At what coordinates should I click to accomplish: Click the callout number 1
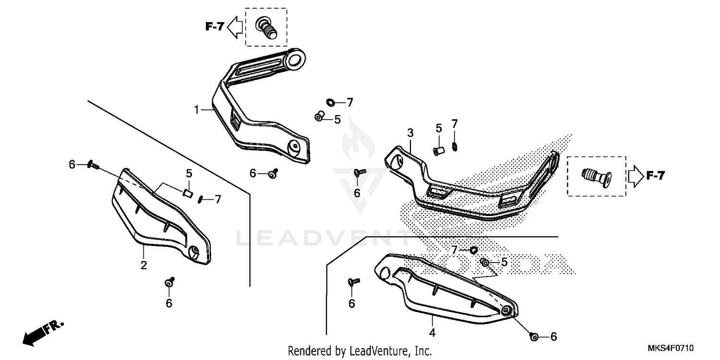tap(196, 110)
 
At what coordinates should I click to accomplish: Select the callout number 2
tap(144, 265)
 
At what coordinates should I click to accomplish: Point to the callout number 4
tap(432, 332)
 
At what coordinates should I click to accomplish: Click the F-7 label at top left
tap(215, 27)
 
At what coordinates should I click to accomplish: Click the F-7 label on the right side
tap(655, 176)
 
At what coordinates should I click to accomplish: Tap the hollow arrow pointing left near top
tap(235, 27)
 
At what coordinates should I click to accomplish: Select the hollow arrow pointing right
tap(635, 176)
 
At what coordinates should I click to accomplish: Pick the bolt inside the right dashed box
tap(597, 176)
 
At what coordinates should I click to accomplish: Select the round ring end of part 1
tap(296, 60)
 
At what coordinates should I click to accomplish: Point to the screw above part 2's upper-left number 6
tap(93, 166)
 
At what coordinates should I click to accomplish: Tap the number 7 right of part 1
tap(349, 102)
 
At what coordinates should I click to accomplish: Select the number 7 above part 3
tap(454, 124)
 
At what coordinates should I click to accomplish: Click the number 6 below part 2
tap(169, 303)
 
